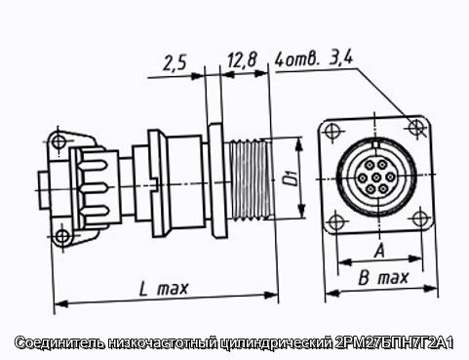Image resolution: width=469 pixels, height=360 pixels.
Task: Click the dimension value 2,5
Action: (x=175, y=63)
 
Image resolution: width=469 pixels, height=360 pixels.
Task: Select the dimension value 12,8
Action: (x=242, y=60)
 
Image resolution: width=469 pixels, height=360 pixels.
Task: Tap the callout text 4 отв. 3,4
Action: (x=314, y=59)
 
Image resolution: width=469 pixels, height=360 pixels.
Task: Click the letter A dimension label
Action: (x=379, y=251)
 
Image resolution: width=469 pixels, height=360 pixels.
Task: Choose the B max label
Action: (x=383, y=278)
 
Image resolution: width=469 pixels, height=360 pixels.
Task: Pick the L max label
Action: (x=164, y=288)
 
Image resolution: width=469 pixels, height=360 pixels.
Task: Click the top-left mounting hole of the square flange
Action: (x=332, y=132)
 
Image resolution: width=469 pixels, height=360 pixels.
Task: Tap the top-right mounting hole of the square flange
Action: (x=415, y=126)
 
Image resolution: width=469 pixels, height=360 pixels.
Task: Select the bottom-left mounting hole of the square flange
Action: (x=335, y=222)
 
